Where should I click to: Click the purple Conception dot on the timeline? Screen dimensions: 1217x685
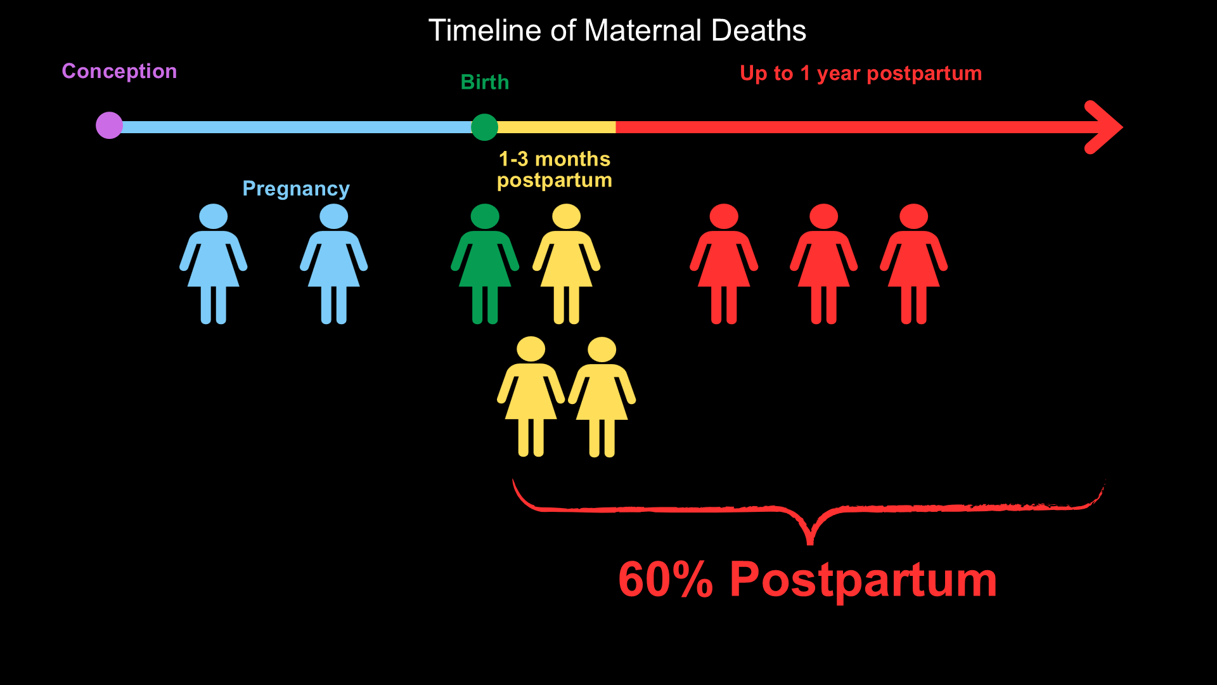109,126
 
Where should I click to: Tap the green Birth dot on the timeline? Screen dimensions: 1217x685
485,127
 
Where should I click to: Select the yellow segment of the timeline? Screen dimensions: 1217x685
557,127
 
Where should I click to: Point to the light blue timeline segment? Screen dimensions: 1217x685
297,127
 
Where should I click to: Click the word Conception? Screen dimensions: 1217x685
119,71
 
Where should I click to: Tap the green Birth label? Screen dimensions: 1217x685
485,82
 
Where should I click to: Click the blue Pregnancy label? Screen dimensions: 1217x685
296,189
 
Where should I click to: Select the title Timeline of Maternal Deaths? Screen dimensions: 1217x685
617,30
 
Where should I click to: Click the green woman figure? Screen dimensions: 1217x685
485,264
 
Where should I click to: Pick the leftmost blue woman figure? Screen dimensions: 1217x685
214,264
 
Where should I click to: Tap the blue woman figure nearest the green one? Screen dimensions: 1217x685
334,264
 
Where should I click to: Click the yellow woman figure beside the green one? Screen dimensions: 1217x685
567,264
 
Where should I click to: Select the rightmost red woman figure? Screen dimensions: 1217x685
914,264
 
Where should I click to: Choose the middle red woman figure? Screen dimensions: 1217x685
824,264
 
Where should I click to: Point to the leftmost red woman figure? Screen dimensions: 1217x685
724,264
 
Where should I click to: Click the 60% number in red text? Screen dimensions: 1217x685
666,579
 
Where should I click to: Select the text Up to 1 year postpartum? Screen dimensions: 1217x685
861,74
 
